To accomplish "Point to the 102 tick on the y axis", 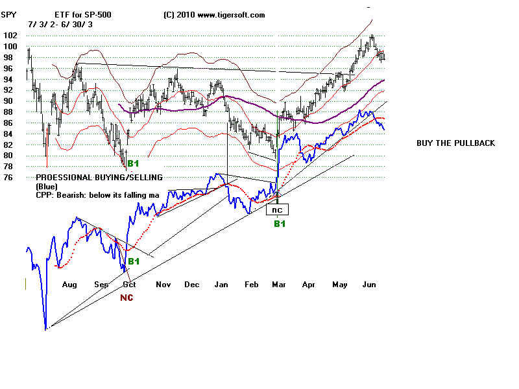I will click(x=9, y=36).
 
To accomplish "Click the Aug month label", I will click(x=69, y=285).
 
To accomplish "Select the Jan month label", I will click(x=222, y=285).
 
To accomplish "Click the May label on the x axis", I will click(x=340, y=285).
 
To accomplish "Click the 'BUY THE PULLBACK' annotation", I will click(x=455, y=143).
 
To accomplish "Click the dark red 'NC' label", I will click(x=127, y=298).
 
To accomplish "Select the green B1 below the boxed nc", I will click(x=279, y=224).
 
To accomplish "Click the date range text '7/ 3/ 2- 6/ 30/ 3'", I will click(x=61, y=23).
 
